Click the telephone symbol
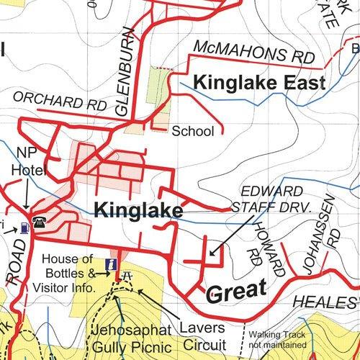37,223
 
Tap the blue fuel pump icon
24,228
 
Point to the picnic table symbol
127,276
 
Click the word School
193,131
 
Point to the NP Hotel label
30,162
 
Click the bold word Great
236,291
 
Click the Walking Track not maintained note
278,340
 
